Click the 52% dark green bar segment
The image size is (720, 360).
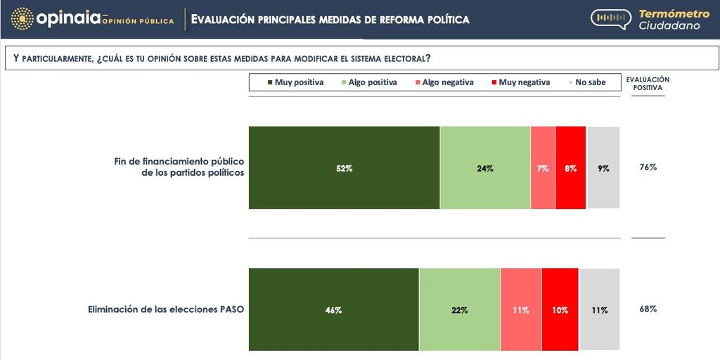tap(344, 168)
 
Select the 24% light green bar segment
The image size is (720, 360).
tap(485, 168)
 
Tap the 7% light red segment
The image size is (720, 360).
tap(543, 168)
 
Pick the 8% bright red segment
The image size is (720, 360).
tap(570, 168)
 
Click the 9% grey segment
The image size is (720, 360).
tap(603, 168)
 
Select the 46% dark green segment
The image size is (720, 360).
tap(334, 309)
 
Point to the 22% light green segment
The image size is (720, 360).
tap(460, 309)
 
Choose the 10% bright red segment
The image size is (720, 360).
tap(560, 309)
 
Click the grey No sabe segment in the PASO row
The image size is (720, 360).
tap(600, 309)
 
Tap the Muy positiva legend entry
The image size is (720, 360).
tap(295, 82)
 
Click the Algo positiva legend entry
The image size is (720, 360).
tap(368, 82)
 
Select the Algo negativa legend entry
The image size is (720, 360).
tap(444, 82)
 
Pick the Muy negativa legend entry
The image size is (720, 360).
tap(520, 82)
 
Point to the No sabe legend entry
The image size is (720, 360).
tap(586, 82)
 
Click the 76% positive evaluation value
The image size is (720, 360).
tap(648, 167)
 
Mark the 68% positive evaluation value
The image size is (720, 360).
tap(648, 309)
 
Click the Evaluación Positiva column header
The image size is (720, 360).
tap(648, 84)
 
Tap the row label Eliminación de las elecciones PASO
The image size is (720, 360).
tap(166, 309)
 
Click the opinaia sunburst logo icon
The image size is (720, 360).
tap(22, 19)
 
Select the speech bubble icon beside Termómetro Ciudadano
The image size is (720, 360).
tap(610, 19)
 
